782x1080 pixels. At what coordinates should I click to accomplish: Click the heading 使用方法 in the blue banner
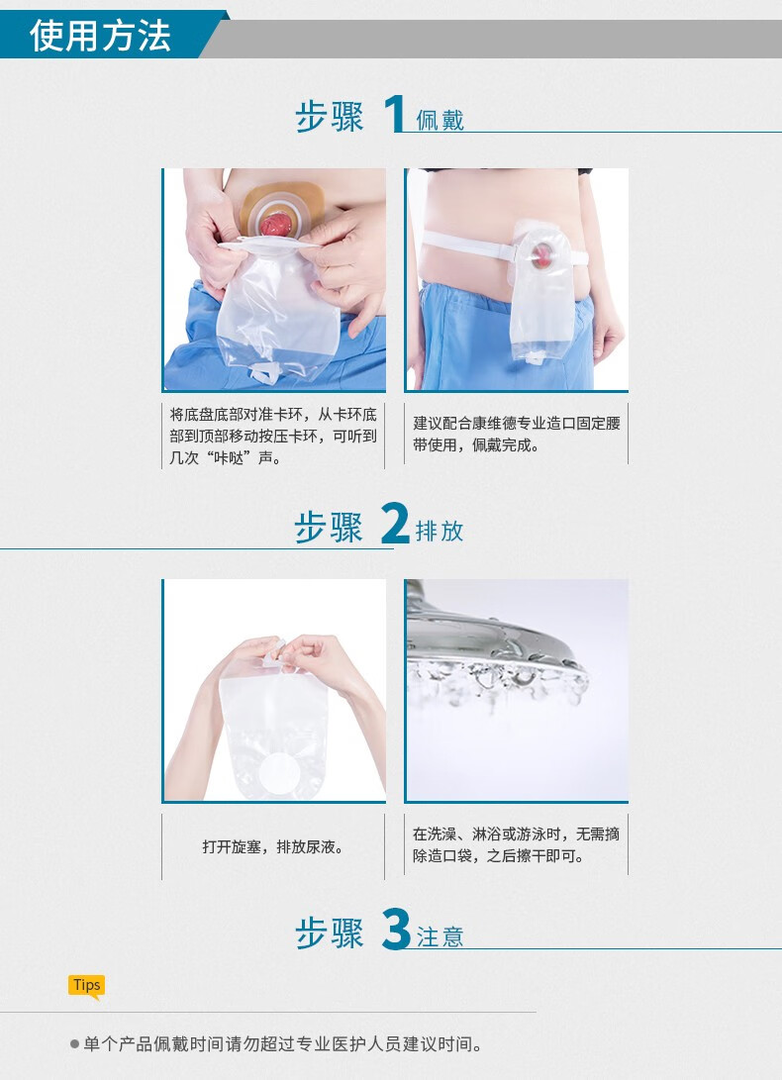[100, 35]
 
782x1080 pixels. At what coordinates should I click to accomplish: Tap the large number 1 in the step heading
[394, 114]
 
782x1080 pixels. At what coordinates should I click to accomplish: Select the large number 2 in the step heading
[394, 525]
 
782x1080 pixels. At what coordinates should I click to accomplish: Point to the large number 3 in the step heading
[395, 931]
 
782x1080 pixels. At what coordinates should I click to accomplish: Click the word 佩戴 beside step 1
[440, 121]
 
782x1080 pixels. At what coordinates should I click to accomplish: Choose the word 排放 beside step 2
[440, 532]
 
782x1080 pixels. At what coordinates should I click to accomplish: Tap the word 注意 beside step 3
[440, 937]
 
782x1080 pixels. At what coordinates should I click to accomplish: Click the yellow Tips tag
[86, 985]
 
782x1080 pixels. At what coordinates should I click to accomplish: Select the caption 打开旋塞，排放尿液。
[273, 847]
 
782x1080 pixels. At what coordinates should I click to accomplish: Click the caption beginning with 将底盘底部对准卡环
[273, 436]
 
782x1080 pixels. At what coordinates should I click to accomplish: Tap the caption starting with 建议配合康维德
[517, 435]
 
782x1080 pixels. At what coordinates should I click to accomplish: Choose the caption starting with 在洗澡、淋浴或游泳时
[517, 845]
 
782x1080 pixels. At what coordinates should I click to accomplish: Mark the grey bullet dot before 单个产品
[74, 1044]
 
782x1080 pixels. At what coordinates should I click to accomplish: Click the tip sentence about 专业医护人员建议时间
[283, 1044]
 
